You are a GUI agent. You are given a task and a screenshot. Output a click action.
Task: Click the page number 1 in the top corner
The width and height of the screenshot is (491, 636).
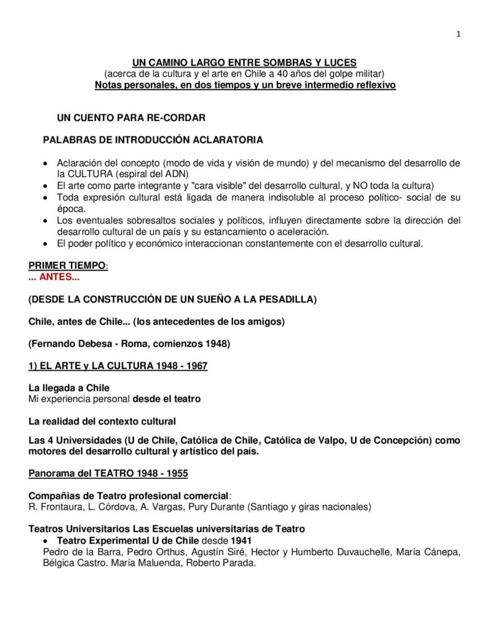pos(458,34)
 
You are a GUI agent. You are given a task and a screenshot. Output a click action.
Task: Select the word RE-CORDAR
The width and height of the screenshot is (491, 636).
pos(175,117)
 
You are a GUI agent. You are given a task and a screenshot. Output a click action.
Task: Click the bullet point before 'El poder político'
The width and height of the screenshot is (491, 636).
pos(43,243)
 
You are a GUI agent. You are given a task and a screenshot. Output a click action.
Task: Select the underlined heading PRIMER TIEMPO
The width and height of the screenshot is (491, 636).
pos(67,266)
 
